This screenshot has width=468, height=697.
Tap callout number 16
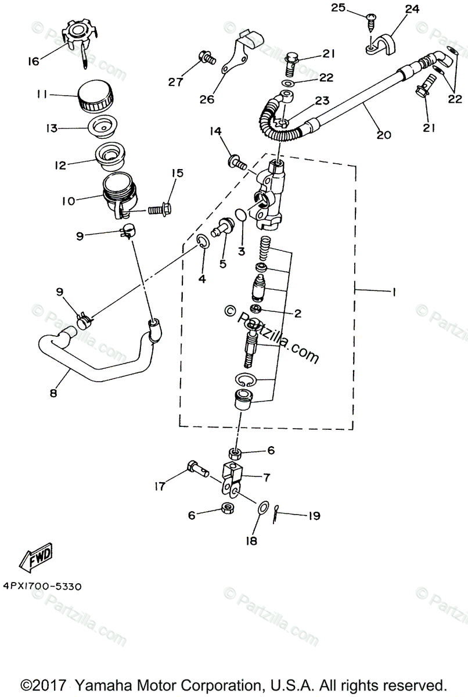pyautogui.click(x=34, y=60)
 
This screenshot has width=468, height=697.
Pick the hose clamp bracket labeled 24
pyautogui.click(x=383, y=43)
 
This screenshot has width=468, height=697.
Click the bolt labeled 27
pyautogui.click(x=207, y=58)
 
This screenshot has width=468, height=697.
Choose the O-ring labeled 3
pyautogui.click(x=242, y=217)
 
